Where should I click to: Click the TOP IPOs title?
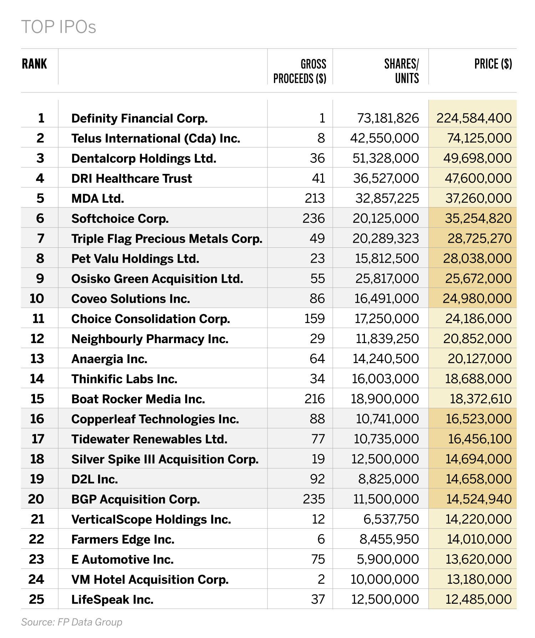click(58, 27)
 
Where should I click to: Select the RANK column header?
click(34, 64)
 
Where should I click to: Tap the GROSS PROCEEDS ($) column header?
click(300, 71)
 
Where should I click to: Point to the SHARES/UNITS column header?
click(401, 71)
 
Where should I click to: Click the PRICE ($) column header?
click(493, 64)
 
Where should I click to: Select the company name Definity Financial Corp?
click(139, 118)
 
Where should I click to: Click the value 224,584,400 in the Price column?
click(474, 118)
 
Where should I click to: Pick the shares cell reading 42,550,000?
click(384, 138)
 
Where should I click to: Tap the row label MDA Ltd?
click(98, 198)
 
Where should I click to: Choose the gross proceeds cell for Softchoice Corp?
click(314, 218)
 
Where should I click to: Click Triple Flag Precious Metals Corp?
click(167, 238)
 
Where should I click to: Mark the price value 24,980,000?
click(477, 298)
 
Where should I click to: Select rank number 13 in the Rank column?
click(37, 358)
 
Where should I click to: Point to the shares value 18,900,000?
click(385, 399)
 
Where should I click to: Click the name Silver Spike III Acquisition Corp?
click(165, 459)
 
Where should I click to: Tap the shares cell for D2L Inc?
click(388, 479)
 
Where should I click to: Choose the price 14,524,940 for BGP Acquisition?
click(479, 499)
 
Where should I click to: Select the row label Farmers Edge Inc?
click(123, 539)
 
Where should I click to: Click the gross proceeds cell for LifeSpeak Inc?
click(318, 599)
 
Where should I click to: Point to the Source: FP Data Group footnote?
click(72, 622)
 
